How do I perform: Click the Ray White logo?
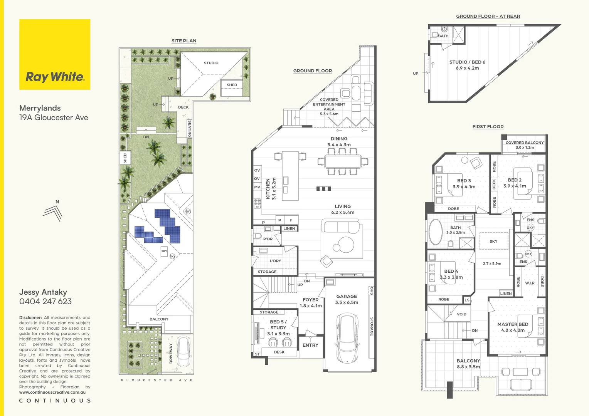click(x=55, y=54)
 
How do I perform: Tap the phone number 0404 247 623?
click(x=45, y=302)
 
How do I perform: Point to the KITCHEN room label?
click(x=271, y=188)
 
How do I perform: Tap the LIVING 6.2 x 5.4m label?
click(x=343, y=209)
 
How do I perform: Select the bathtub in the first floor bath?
click(x=436, y=232)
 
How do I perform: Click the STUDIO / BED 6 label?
click(x=467, y=65)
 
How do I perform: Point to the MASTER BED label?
click(x=513, y=327)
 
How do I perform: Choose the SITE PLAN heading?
click(x=184, y=41)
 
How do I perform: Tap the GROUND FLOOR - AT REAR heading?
click(x=488, y=17)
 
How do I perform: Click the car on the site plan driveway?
click(x=184, y=352)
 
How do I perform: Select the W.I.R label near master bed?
click(x=530, y=283)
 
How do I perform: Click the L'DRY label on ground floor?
click(x=275, y=261)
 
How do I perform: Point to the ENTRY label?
click(x=310, y=345)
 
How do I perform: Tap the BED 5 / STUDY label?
click(x=278, y=327)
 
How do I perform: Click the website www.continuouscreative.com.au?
click(x=52, y=392)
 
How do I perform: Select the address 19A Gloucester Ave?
click(x=54, y=118)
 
